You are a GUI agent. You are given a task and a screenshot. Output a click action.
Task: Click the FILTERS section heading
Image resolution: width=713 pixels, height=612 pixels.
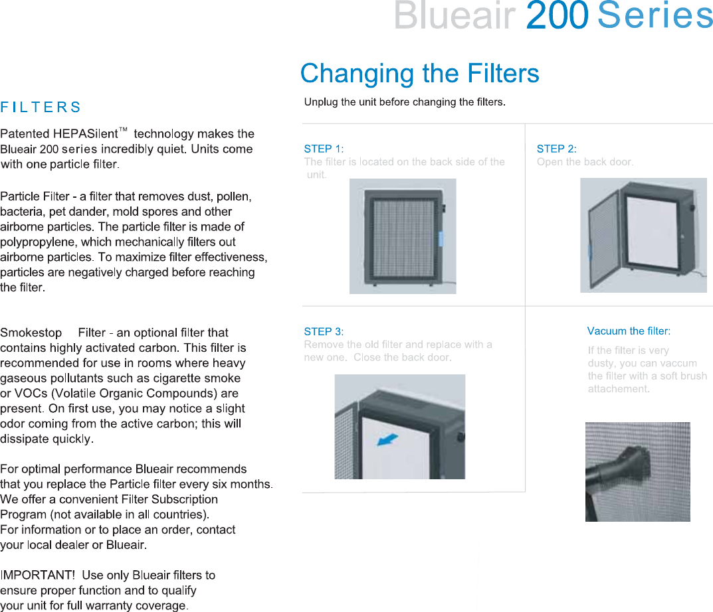pos(41,108)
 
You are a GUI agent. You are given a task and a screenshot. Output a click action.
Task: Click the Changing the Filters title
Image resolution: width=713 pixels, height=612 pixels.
pos(420,73)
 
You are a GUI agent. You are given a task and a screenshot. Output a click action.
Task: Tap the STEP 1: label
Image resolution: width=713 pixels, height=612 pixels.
pos(324,149)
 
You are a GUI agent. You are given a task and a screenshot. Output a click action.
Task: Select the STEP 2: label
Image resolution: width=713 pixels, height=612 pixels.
pos(557,149)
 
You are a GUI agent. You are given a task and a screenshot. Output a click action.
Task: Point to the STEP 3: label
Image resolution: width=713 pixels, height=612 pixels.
pos(324,331)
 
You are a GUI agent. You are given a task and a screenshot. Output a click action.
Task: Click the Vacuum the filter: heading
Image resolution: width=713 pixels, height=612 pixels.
pos(629,331)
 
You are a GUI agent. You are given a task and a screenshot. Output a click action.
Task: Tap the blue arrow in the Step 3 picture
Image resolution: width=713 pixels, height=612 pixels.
pos(387,440)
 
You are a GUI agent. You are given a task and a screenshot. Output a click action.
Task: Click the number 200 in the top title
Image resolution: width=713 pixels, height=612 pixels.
pos(557,15)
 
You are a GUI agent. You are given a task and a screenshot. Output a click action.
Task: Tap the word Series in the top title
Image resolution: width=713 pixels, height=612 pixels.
pos(655,15)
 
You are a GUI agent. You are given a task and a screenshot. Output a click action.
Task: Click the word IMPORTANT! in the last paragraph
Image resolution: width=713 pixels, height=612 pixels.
pos(37,575)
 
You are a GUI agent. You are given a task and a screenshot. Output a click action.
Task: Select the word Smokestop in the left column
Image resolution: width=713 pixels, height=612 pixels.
pos(31,333)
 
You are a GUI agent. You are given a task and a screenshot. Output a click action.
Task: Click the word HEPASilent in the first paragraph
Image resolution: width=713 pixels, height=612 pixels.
pos(86,133)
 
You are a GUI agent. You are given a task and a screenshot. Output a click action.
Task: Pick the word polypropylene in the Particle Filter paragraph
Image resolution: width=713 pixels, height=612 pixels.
pos(39,242)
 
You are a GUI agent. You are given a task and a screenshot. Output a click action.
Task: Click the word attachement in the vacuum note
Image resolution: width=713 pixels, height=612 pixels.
pos(617,389)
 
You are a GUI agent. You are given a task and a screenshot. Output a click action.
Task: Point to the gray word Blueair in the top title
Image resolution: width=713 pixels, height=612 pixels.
pos(455,15)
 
